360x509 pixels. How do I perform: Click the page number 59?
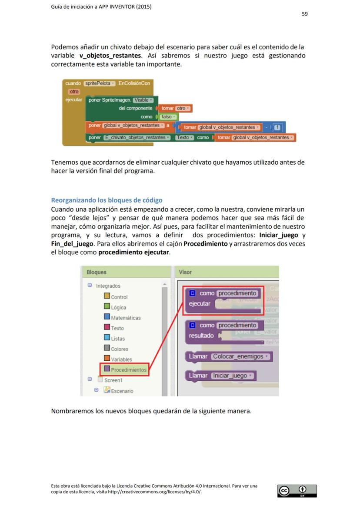click(x=305, y=14)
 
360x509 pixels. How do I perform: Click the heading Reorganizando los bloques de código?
click(x=107, y=200)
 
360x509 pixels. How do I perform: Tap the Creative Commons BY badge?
click(x=297, y=491)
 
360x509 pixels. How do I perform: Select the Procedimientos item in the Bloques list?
click(x=128, y=370)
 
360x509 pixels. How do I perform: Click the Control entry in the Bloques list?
click(x=119, y=297)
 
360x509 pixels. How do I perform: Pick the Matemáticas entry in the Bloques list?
click(x=125, y=318)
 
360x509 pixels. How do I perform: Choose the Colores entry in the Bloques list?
click(x=119, y=349)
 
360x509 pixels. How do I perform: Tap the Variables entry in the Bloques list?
click(x=121, y=359)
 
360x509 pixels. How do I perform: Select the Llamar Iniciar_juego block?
click(x=221, y=376)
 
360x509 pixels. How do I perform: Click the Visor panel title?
click(x=185, y=272)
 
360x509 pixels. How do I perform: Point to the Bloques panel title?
click(x=96, y=272)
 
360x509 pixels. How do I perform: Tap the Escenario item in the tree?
click(x=122, y=391)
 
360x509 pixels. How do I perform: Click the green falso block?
click(x=167, y=117)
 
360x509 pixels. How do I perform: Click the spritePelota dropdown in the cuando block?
click(x=100, y=83)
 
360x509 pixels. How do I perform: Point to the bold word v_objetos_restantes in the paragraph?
click(x=110, y=56)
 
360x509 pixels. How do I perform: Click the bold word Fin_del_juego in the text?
click(x=70, y=243)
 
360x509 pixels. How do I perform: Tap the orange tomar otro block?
click(x=176, y=108)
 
